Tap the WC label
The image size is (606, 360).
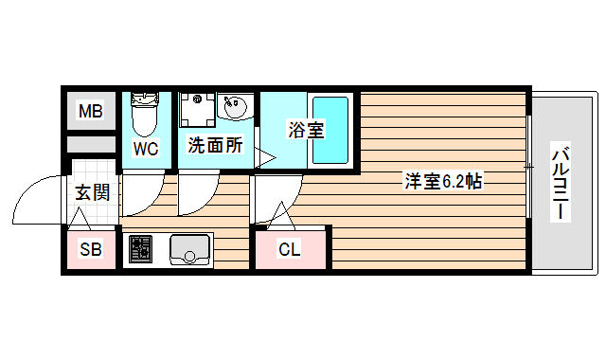point(146,149)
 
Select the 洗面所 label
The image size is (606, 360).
point(214,146)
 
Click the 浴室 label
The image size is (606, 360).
point(305,131)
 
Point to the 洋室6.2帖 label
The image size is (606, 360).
point(443,181)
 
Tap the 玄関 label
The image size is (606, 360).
point(92,193)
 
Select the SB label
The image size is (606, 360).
point(90,250)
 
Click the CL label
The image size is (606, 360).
point(290,250)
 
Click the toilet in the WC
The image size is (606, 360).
point(146,115)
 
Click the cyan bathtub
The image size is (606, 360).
point(331,130)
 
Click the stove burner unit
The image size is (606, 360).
point(140,249)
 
